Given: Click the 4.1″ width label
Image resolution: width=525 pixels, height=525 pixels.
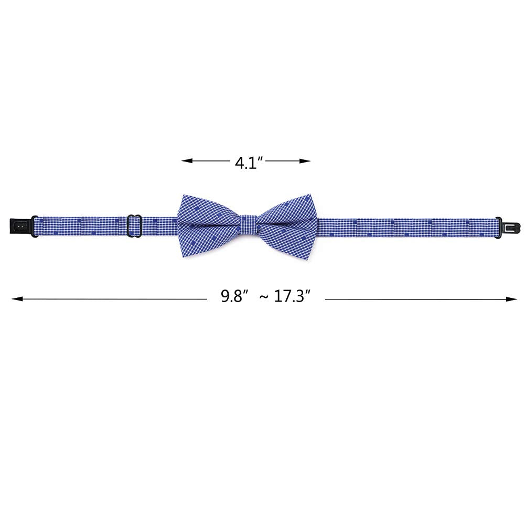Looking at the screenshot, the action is [x=250, y=163].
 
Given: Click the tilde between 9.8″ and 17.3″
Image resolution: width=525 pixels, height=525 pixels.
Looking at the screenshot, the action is [x=264, y=297].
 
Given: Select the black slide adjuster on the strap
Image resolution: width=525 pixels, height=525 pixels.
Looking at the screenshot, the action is [x=135, y=226].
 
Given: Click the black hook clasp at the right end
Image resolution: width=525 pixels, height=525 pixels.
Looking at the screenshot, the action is [x=508, y=227].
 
